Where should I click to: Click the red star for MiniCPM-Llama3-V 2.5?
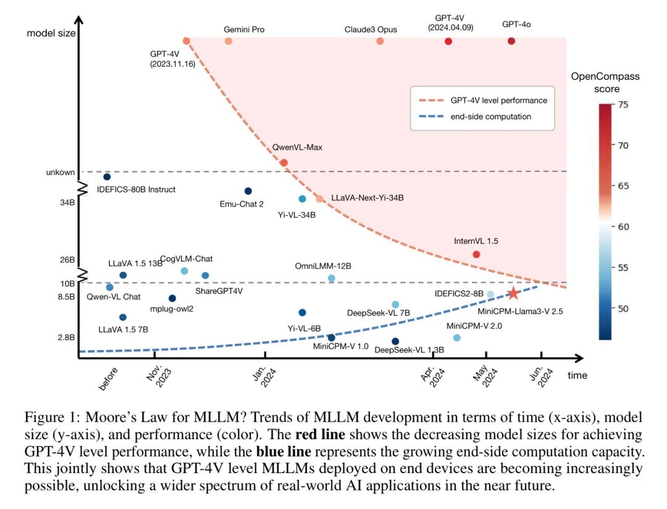(513, 293)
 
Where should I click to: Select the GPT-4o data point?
(511, 41)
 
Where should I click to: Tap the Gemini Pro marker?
(229, 41)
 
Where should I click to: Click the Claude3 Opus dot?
(380, 41)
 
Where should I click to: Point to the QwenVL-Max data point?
(284, 163)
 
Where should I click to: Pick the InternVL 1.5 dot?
(476, 254)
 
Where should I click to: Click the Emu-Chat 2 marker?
(248, 191)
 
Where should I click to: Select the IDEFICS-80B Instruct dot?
(107, 177)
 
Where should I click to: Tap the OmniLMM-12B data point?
(331, 278)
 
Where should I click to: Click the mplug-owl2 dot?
(172, 298)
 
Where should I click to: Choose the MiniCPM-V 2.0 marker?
(456, 338)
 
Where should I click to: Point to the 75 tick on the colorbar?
(623, 105)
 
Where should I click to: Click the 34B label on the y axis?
(68, 202)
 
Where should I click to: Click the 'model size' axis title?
(51, 33)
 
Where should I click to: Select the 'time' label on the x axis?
(577, 375)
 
